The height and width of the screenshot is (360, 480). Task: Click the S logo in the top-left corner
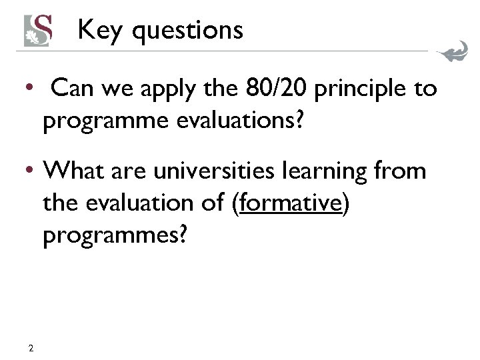39,30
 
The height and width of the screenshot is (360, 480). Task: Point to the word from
401,171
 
